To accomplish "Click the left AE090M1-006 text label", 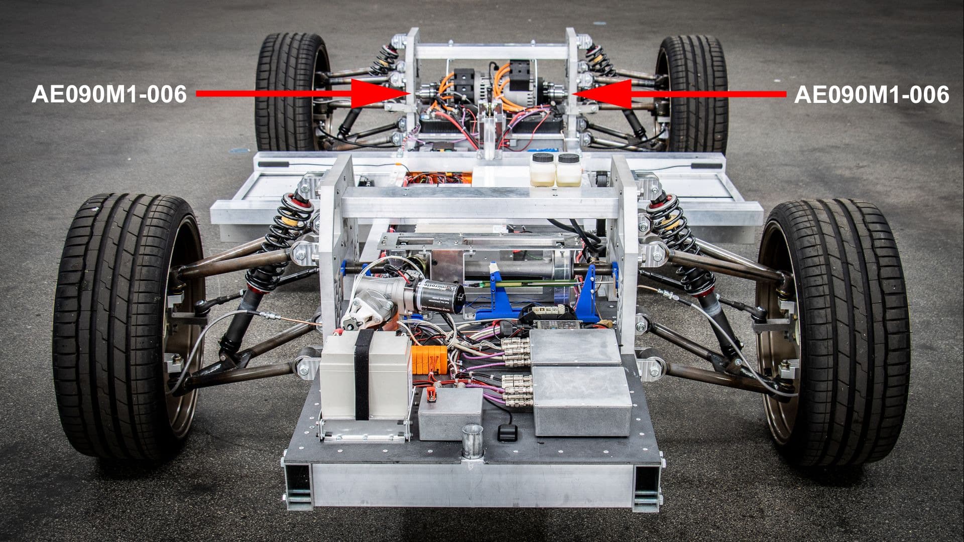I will click(x=109, y=94).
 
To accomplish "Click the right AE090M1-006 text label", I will click(x=871, y=94).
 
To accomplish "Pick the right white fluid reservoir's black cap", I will click(x=568, y=159).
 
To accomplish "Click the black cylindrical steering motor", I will click(x=437, y=296).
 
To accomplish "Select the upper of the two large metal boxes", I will click(x=575, y=346).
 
